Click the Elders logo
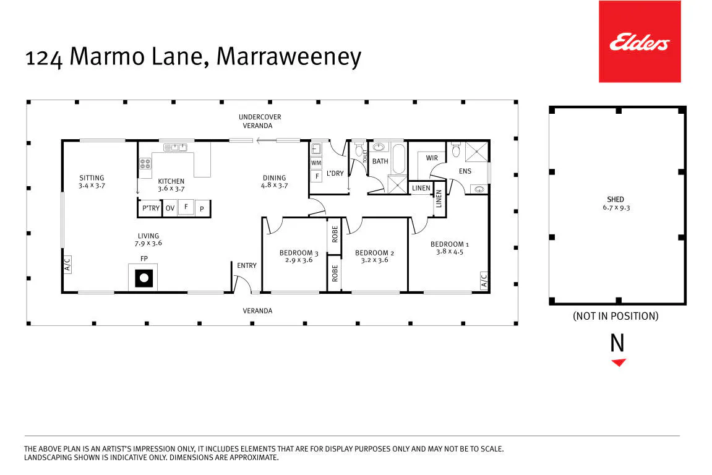[640, 42]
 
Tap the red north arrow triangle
[619, 362]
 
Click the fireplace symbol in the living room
[144, 278]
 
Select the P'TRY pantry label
[151, 208]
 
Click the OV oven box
[170, 208]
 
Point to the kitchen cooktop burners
[145, 163]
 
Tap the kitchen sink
[175, 147]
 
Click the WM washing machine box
[316, 163]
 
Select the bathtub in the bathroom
[398, 158]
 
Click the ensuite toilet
[457, 150]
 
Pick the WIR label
[432, 158]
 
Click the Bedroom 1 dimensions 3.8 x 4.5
[450, 252]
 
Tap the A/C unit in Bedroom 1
[484, 280]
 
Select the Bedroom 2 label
[375, 253]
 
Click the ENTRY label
[247, 266]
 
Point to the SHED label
[615, 199]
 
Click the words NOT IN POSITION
[615, 316]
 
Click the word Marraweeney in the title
[289, 58]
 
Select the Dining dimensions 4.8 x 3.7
[274, 186]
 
